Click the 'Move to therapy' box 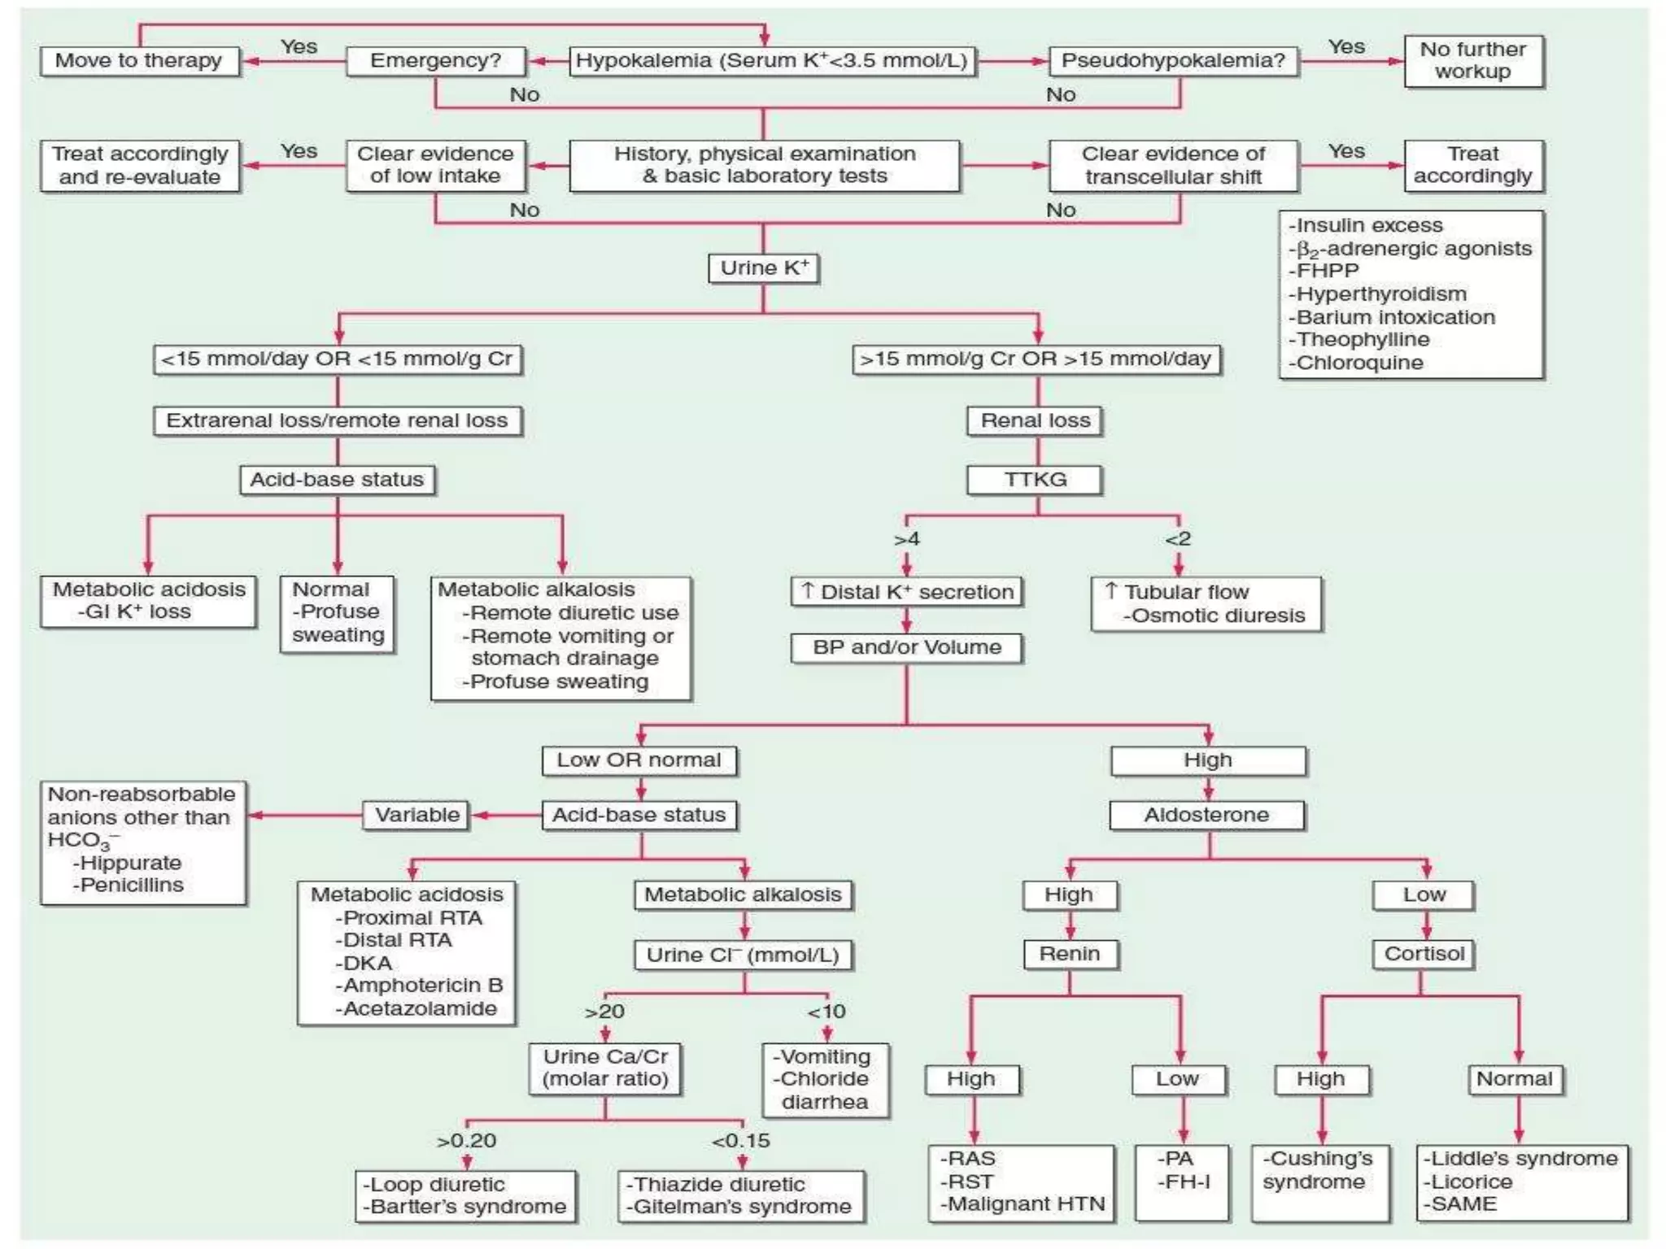pyautogui.click(x=139, y=61)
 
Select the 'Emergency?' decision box pyautogui.click(x=435, y=61)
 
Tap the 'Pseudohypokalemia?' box pyautogui.click(x=1173, y=61)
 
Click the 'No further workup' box pyautogui.click(x=1472, y=61)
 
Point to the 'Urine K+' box pyautogui.click(x=764, y=268)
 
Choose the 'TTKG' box pyautogui.click(x=1035, y=480)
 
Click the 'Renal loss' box pyautogui.click(x=1035, y=420)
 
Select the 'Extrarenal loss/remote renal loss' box pyautogui.click(x=337, y=420)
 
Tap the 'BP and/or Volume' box pyautogui.click(x=906, y=648)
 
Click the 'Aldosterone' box pyautogui.click(x=1206, y=815)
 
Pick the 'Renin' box pyautogui.click(x=1070, y=954)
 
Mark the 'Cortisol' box pyautogui.click(x=1424, y=954)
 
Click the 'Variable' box pyautogui.click(x=416, y=815)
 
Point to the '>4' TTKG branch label pyautogui.click(x=906, y=539)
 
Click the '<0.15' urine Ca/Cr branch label pyautogui.click(x=740, y=1141)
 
